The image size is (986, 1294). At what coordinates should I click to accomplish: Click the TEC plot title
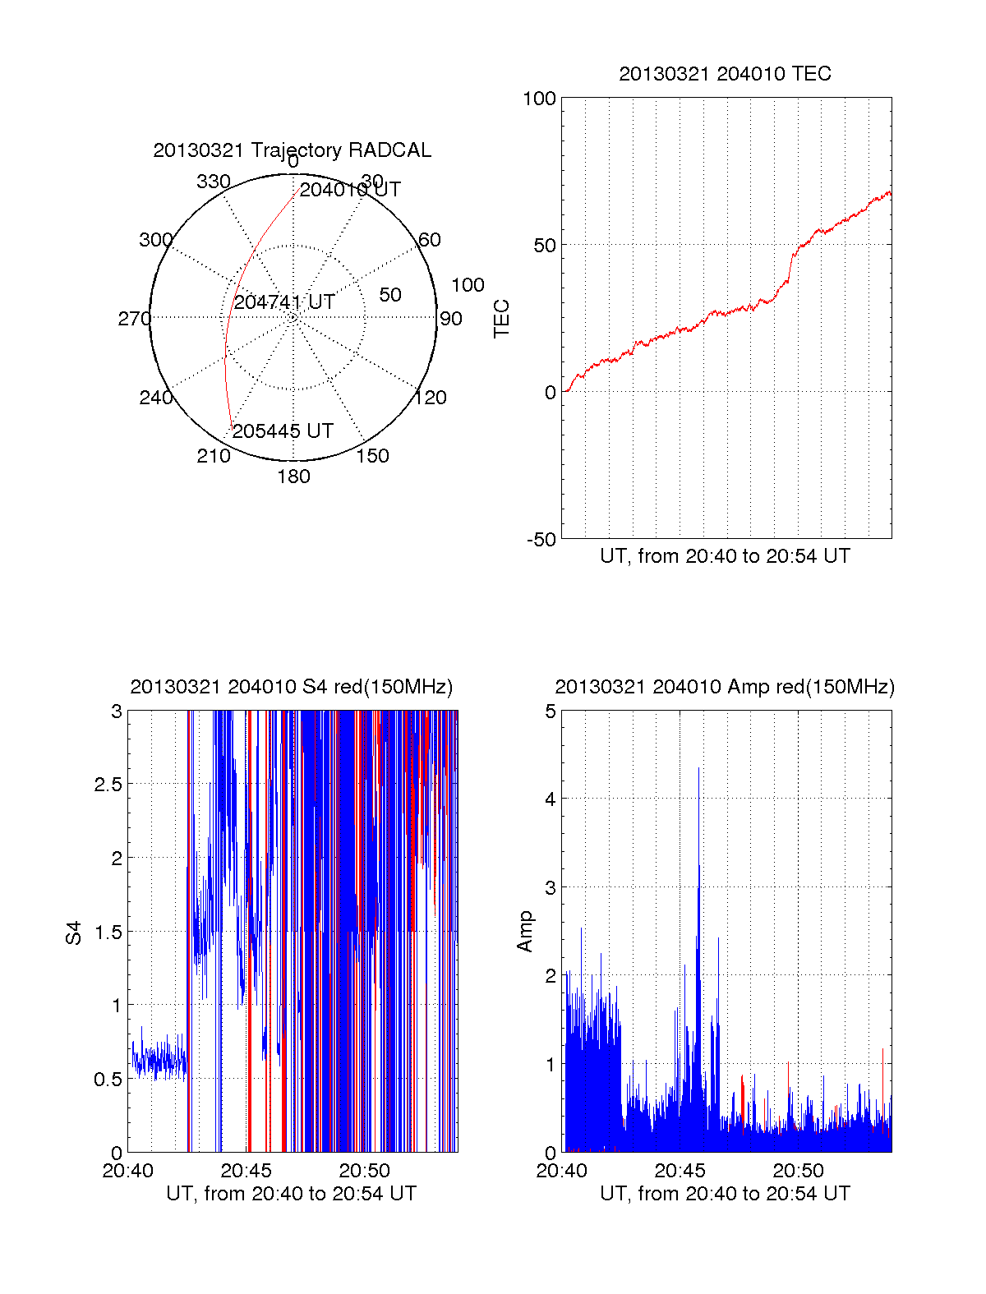[725, 74]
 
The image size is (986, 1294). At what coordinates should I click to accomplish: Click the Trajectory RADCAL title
[292, 150]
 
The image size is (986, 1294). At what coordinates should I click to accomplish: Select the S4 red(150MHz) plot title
[291, 687]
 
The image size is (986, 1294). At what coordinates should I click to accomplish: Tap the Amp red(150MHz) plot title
[725, 687]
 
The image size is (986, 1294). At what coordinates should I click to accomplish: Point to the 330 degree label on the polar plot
[214, 182]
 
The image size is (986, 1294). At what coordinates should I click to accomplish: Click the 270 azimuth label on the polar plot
[134, 319]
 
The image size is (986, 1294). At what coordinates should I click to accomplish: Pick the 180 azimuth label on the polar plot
[293, 477]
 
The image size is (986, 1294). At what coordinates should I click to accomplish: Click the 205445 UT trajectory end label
[283, 431]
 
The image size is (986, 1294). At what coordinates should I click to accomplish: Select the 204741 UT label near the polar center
[284, 302]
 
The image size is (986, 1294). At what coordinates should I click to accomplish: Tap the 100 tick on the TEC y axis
[539, 99]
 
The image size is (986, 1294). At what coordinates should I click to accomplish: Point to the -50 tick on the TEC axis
[541, 540]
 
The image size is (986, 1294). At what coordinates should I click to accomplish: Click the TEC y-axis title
[501, 319]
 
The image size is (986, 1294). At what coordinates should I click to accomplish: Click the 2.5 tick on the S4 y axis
[108, 785]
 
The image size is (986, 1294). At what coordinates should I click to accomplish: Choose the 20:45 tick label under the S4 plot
[246, 1171]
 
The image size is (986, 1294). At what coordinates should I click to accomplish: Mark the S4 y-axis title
[74, 933]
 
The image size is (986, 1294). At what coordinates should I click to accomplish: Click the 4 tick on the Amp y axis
[551, 799]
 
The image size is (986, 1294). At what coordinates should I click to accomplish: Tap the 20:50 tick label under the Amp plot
[798, 1171]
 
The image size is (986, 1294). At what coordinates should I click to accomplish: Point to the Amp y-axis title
[524, 931]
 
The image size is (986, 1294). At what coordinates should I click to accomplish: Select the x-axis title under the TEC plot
[725, 556]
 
